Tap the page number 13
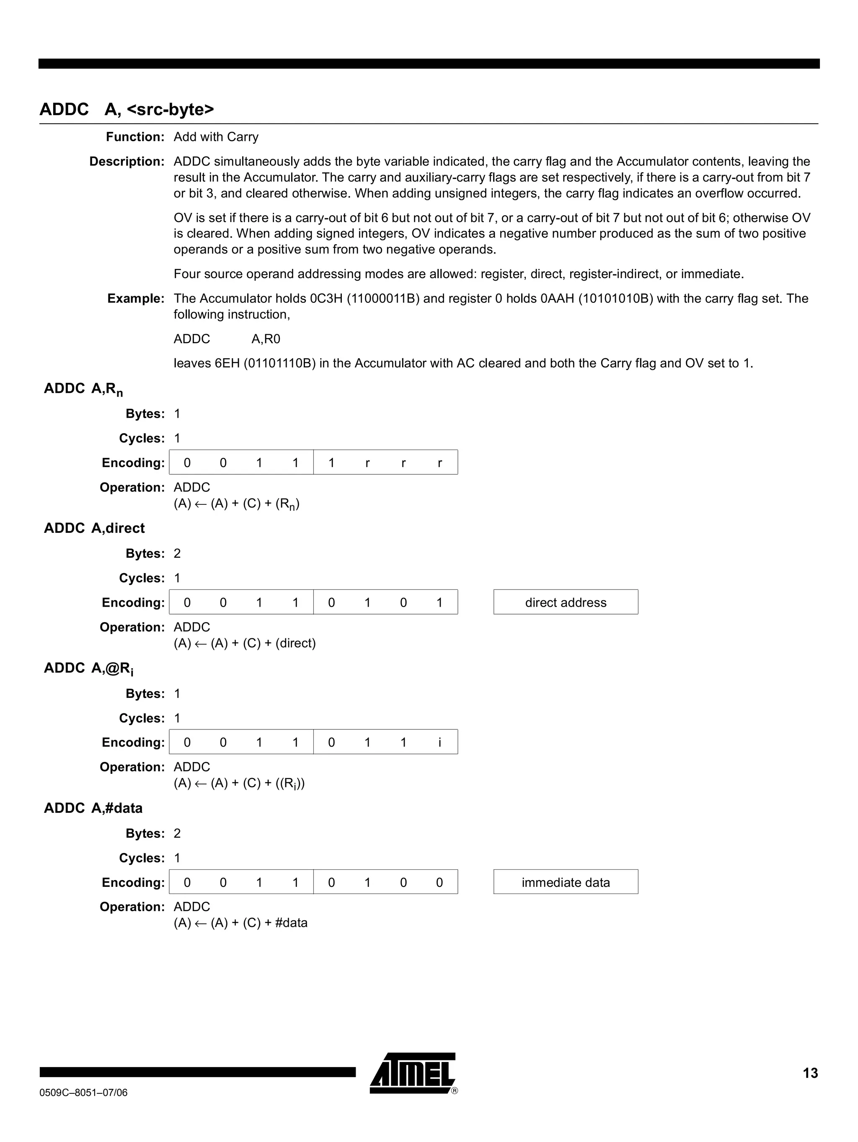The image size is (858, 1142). (x=810, y=1073)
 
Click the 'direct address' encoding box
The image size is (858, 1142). (x=565, y=602)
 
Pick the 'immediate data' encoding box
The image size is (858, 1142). (x=565, y=882)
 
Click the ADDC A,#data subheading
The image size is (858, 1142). (x=93, y=808)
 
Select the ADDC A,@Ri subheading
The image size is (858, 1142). (x=88, y=668)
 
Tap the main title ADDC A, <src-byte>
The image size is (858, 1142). (x=127, y=109)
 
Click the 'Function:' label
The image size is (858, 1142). (x=135, y=137)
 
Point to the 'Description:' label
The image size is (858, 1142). (x=127, y=162)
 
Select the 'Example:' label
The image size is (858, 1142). (x=135, y=298)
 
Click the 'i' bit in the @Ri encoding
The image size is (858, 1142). (x=439, y=742)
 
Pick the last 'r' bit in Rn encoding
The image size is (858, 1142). (x=439, y=462)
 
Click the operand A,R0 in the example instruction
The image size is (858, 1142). (x=265, y=339)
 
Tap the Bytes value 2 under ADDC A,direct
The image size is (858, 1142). (x=177, y=553)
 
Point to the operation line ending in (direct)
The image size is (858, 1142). (x=244, y=643)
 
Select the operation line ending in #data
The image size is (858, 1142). (x=240, y=923)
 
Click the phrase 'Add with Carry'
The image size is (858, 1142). (x=216, y=137)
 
